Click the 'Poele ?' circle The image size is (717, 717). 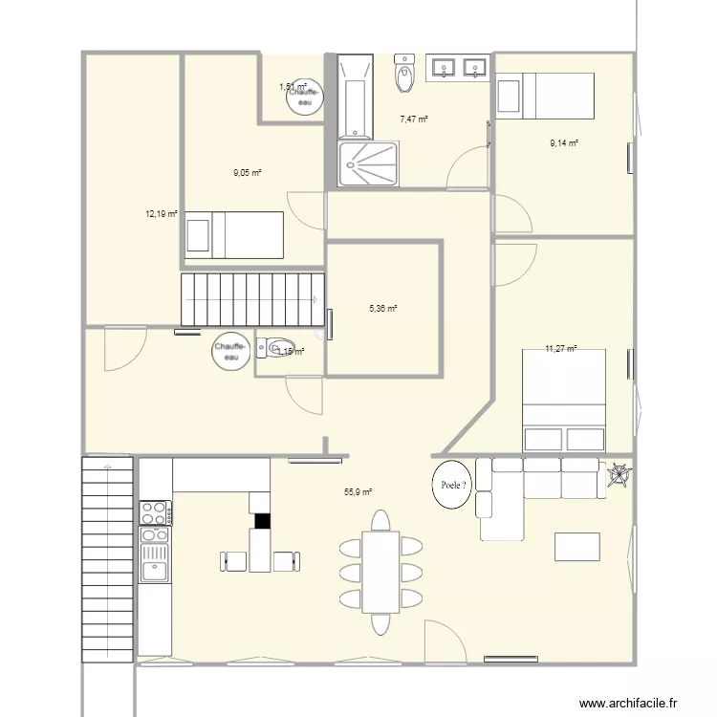tap(454, 485)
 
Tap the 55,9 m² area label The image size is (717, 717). tap(358, 492)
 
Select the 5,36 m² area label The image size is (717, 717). tap(382, 309)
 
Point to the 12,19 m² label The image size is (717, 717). tap(162, 214)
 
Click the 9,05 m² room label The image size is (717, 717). tap(248, 173)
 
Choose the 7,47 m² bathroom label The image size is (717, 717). tap(413, 119)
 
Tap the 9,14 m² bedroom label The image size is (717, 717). tap(564, 143)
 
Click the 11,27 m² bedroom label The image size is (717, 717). tap(561, 349)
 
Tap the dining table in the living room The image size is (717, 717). tap(380, 572)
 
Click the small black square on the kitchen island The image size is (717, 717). tap(262, 521)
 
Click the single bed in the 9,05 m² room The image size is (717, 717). tap(234, 234)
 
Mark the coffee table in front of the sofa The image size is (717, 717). tap(577, 546)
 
